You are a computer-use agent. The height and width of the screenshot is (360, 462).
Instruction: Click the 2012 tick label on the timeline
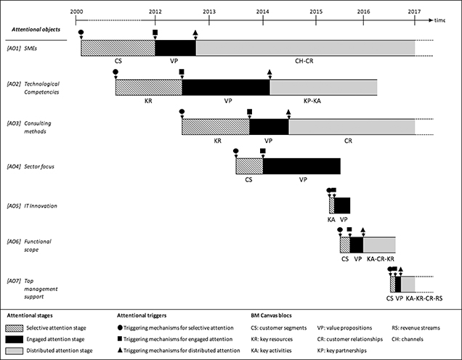point(155,12)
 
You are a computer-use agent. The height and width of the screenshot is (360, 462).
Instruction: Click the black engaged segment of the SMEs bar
point(175,47)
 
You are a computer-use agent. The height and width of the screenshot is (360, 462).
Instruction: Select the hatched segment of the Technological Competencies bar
point(148,86)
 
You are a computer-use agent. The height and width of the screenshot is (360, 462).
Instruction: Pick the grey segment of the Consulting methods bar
point(351,126)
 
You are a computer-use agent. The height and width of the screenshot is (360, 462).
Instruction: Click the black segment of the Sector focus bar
point(301,165)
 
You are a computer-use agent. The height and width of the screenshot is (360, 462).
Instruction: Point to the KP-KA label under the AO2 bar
point(322,101)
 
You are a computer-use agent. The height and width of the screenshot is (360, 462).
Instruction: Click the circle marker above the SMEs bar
point(81,33)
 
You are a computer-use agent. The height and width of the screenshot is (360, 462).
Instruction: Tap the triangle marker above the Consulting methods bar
point(288,112)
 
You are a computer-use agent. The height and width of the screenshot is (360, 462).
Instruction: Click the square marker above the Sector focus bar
point(262,151)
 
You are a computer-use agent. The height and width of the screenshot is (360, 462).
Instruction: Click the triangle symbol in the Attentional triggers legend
point(121,351)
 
